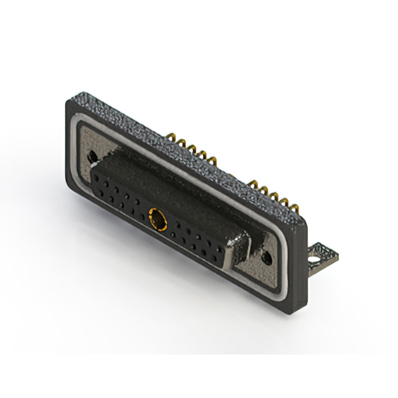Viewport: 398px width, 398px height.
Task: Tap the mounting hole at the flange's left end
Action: [x=92, y=157]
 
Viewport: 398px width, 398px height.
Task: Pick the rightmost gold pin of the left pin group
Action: [x=213, y=164]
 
